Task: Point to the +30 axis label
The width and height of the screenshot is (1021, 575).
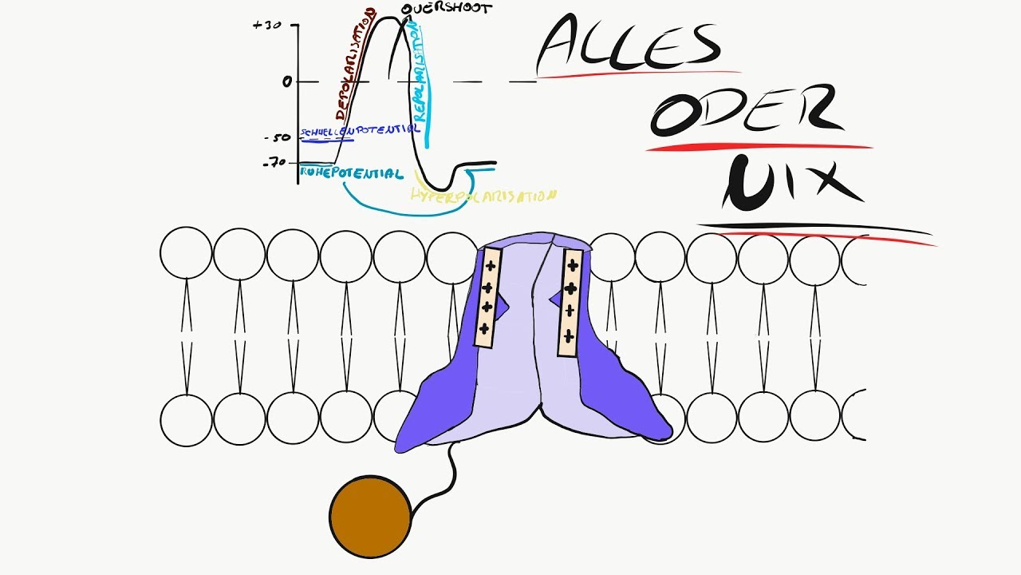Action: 268,25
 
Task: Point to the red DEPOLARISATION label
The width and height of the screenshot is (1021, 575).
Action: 356,64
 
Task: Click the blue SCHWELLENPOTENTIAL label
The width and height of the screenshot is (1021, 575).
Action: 359,129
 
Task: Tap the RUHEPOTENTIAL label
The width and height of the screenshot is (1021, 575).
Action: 351,172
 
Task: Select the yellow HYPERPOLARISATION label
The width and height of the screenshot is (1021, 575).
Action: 483,195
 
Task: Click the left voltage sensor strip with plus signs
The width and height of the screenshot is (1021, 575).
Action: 485,296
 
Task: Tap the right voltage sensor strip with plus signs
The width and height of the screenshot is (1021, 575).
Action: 570,302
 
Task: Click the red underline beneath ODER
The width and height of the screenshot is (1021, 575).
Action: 758,147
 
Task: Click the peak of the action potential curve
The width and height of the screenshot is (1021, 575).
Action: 388,18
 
